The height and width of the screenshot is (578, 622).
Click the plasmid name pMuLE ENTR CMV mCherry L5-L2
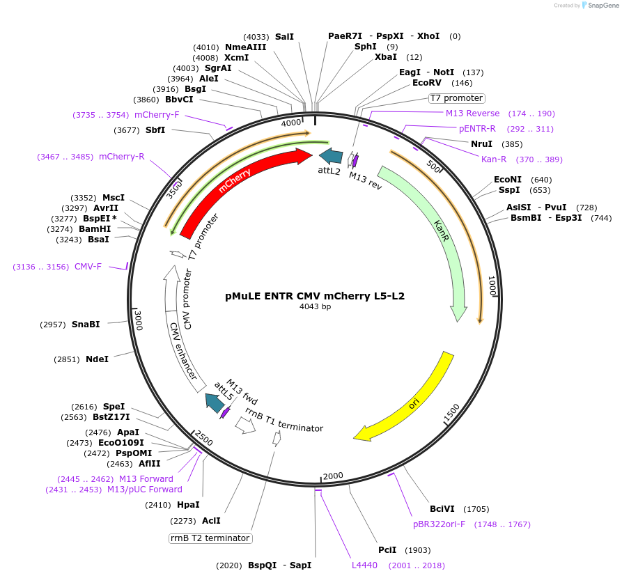[x=315, y=295]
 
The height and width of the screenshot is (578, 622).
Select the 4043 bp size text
[x=315, y=306]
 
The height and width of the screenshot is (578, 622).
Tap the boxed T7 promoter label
[x=456, y=98]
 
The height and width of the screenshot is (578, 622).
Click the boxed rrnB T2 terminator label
[x=210, y=538]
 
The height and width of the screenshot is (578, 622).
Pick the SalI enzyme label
[x=284, y=36]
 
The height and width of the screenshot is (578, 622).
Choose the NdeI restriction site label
[x=98, y=359]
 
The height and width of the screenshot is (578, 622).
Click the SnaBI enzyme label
[x=86, y=325]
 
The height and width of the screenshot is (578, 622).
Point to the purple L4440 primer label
[x=364, y=565]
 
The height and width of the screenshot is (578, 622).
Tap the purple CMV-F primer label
[x=88, y=267]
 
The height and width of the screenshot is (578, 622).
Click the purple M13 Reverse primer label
[x=472, y=114]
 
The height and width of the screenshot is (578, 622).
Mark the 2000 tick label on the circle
[x=333, y=476]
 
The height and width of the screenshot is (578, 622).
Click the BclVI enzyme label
[x=442, y=509]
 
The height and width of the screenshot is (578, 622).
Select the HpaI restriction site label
[x=188, y=505]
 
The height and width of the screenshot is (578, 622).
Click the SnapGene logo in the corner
[x=600, y=6]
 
